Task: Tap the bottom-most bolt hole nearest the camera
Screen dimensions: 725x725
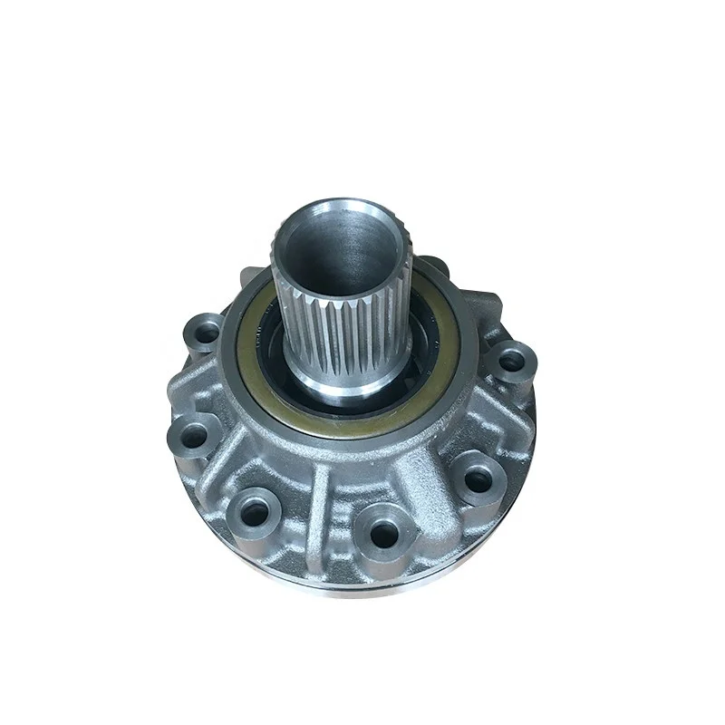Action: (x=383, y=535)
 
